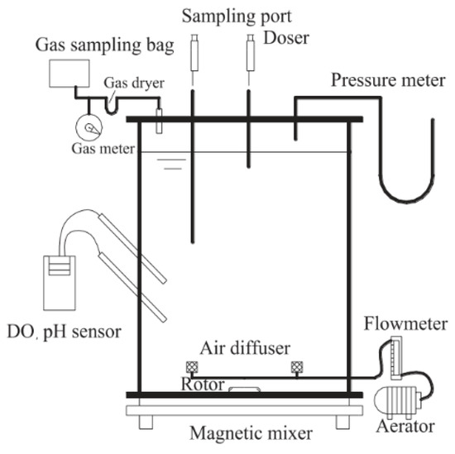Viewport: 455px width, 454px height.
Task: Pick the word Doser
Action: pyautogui.click(x=284, y=38)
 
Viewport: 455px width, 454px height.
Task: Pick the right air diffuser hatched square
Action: pyautogui.click(x=295, y=367)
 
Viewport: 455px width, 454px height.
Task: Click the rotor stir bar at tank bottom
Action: pyautogui.click(x=245, y=387)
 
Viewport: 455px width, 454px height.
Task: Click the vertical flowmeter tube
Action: pyautogui.click(x=395, y=355)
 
